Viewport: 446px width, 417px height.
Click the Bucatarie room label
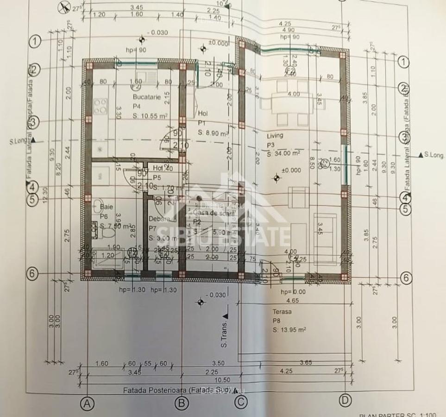[x=146, y=97]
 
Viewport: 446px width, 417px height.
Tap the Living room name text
[x=275, y=136]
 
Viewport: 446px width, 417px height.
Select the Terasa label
[x=282, y=312]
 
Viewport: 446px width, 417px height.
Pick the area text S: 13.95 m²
[x=289, y=330]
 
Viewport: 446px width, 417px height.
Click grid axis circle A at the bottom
[x=87, y=403]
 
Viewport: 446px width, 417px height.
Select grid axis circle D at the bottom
[x=344, y=400]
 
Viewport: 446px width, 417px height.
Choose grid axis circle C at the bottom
[x=240, y=402]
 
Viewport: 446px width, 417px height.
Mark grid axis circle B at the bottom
[x=182, y=403]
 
